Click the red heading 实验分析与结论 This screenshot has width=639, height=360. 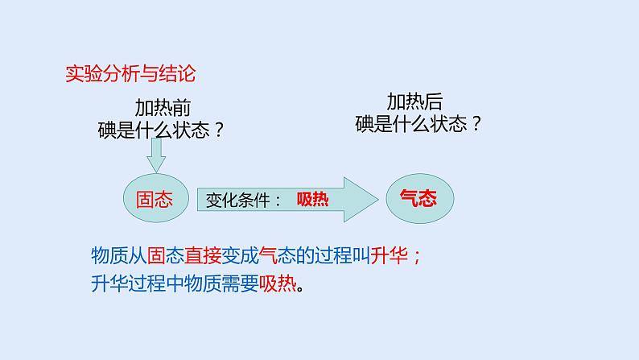[130, 75]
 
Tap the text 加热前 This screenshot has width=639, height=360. [163, 107]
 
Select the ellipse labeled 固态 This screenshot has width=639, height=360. [155, 199]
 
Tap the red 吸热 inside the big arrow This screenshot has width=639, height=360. [312, 200]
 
